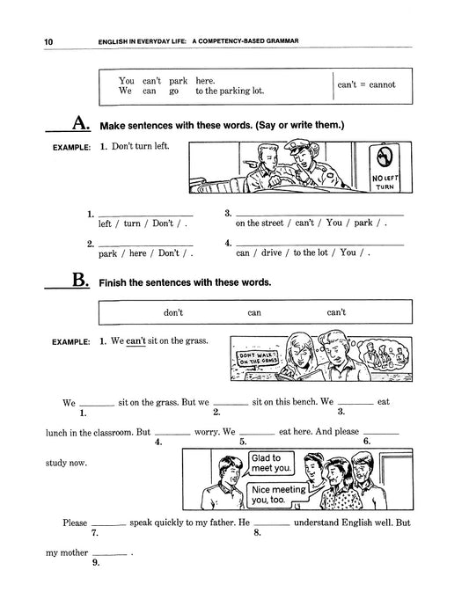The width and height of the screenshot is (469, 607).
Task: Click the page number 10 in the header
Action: pyautogui.click(x=48, y=42)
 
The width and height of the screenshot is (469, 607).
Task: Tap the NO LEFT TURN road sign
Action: pyautogui.click(x=385, y=168)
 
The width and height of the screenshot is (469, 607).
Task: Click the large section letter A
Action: pyautogui.click(x=81, y=123)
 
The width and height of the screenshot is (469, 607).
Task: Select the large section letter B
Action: pyautogui.click(x=81, y=280)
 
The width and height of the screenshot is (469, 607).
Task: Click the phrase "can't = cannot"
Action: pyautogui.click(x=366, y=84)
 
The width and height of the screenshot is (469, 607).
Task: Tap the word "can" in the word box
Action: pyautogui.click(x=254, y=313)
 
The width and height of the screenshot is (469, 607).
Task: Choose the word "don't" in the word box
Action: pyautogui.click(x=173, y=312)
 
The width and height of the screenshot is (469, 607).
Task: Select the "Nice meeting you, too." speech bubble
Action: pyautogui.click(x=277, y=494)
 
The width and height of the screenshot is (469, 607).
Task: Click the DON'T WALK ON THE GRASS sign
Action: pyautogui.click(x=258, y=359)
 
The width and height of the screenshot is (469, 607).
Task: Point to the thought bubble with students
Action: pyautogui.click(x=383, y=356)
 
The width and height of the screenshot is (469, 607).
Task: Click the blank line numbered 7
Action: pyautogui.click(x=109, y=525)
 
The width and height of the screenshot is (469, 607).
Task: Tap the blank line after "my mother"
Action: pyautogui.click(x=110, y=555)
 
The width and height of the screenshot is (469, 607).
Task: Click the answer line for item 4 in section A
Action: pyautogui.click(x=319, y=245)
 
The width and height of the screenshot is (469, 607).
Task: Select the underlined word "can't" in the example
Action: pyautogui.click(x=136, y=341)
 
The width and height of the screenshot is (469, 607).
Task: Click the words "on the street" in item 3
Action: pyautogui.click(x=260, y=223)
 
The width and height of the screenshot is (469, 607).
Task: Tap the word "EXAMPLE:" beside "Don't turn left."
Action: pyautogui.click(x=71, y=148)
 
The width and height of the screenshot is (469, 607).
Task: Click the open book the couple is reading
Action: pyautogui.click(x=304, y=375)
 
